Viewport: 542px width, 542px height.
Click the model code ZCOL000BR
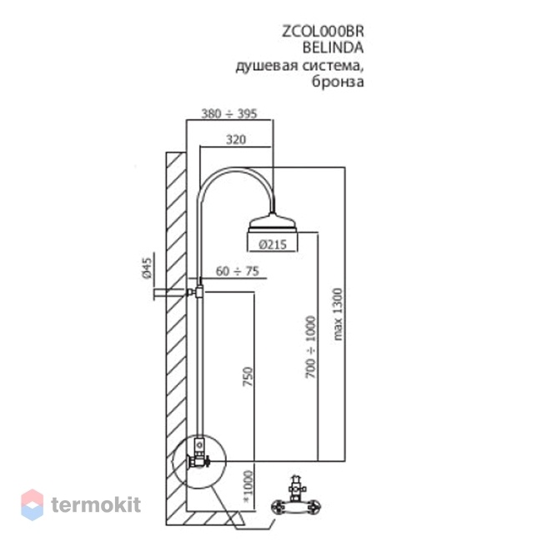[323, 32]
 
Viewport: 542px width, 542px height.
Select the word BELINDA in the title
[334, 48]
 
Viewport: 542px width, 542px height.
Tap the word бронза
[338, 82]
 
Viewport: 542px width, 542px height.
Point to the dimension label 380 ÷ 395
[229, 113]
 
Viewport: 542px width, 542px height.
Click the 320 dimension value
[236, 139]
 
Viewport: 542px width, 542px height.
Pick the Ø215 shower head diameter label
[273, 244]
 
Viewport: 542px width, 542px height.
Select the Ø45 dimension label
[147, 268]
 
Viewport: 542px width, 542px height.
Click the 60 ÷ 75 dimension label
[238, 271]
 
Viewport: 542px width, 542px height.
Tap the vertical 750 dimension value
[248, 377]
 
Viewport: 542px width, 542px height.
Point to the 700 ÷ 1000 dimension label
[311, 347]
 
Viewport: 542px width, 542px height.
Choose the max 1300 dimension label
[338, 314]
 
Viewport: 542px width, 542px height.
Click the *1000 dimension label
[248, 486]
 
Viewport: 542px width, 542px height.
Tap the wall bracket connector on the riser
[196, 292]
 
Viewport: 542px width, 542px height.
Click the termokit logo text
[96, 504]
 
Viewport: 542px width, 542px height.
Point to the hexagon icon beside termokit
[33, 504]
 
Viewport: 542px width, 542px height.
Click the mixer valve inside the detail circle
[198, 456]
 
